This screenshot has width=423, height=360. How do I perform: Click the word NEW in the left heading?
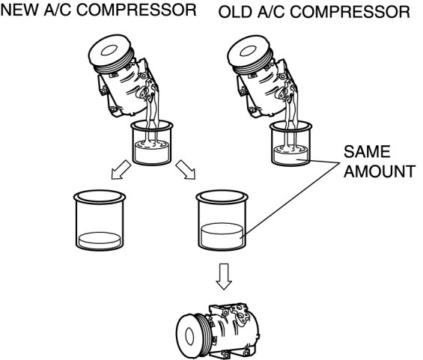click(19, 10)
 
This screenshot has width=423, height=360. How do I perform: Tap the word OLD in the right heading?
click(234, 13)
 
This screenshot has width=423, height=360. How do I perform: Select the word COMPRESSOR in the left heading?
click(136, 10)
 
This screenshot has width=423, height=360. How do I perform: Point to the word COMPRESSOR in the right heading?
click(350, 13)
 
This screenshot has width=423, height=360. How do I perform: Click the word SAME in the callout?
click(367, 151)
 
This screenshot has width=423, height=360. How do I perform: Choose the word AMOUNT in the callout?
click(380, 171)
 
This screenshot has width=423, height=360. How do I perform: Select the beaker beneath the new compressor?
click(152, 143)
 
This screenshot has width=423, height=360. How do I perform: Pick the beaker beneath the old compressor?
click(290, 144)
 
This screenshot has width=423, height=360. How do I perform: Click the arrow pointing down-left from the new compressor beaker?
click(121, 170)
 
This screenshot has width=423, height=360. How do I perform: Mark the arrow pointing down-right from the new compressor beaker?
click(186, 170)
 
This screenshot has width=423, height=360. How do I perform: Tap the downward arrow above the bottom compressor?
click(224, 276)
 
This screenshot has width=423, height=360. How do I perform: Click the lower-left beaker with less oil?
click(100, 220)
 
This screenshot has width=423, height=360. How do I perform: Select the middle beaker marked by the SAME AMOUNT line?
click(222, 220)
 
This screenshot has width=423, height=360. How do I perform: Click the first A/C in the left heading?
click(57, 10)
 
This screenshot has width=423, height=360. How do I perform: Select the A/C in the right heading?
click(271, 13)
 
